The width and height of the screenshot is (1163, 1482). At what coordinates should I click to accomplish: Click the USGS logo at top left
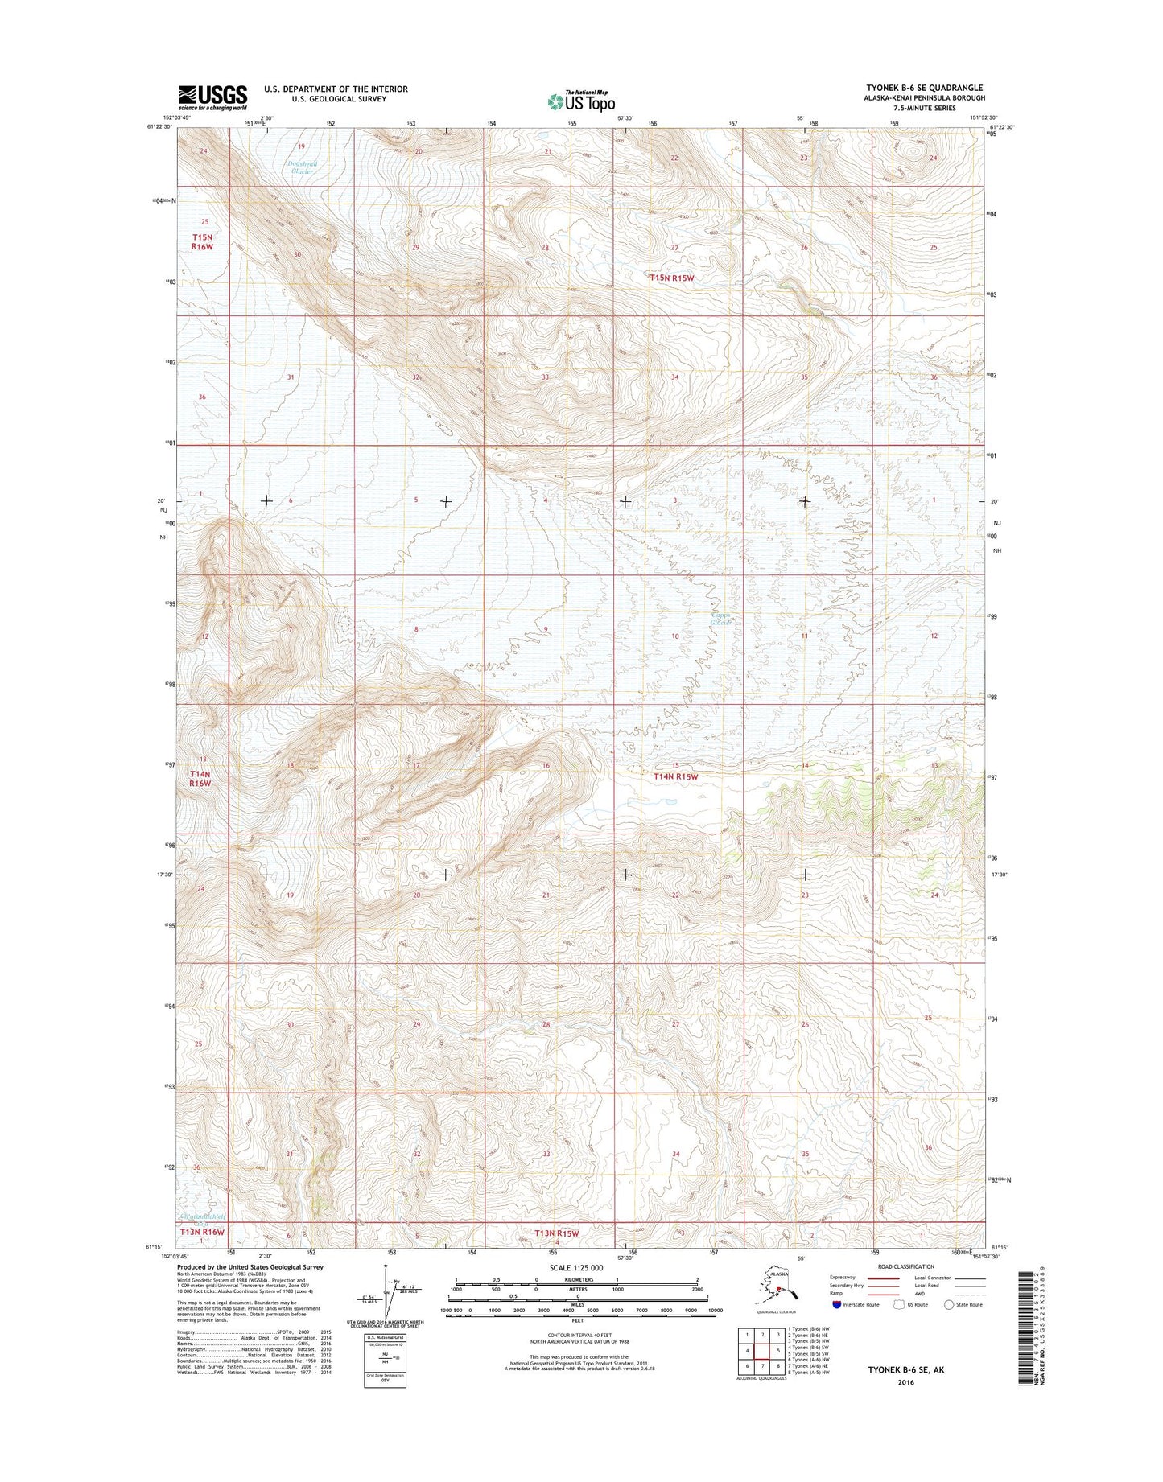click(212, 97)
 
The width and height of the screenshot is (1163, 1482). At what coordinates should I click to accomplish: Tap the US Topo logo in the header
click(581, 101)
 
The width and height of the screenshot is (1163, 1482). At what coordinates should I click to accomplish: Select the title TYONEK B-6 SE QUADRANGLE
click(924, 88)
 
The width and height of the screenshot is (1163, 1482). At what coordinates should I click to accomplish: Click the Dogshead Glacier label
click(303, 167)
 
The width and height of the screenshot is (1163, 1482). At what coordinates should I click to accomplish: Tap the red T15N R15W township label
click(672, 278)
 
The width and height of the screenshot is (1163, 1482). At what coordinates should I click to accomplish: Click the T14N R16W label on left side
click(200, 777)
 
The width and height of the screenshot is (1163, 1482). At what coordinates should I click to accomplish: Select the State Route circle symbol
click(949, 1304)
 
